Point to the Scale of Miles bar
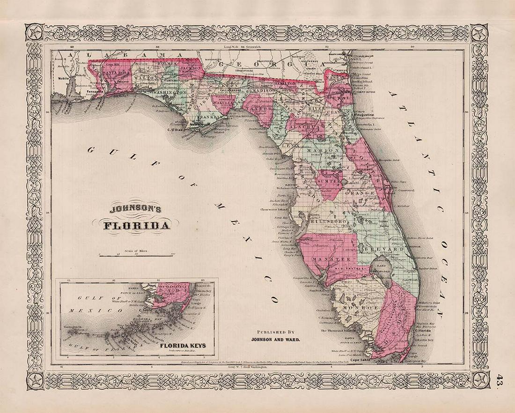(136, 255)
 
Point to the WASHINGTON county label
(167, 94)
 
